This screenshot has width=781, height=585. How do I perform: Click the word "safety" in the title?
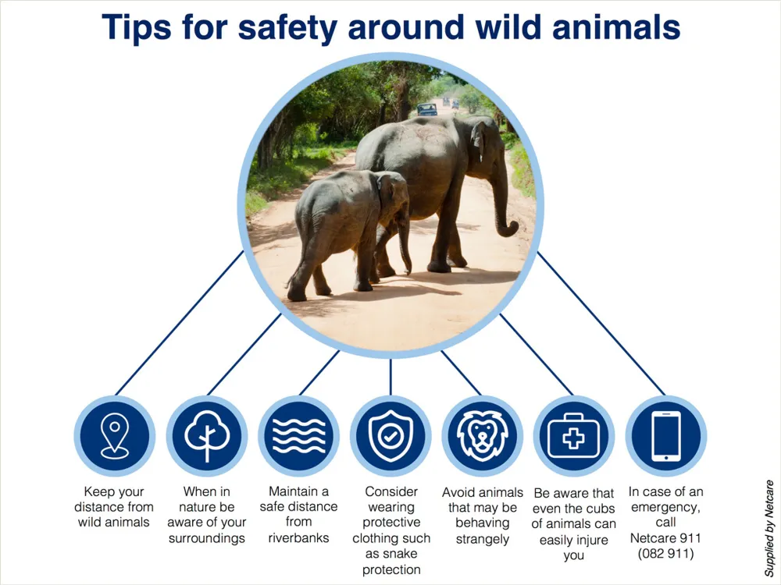[287, 28]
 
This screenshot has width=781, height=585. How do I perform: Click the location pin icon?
[115, 436]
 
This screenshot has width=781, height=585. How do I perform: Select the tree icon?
[207, 436]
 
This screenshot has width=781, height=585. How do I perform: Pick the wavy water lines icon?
[299, 436]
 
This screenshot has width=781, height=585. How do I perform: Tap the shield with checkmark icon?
[390, 436]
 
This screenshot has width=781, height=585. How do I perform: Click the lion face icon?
[482, 436]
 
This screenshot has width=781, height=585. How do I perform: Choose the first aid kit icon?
[574, 436]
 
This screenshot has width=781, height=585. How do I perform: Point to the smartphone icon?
[666, 436]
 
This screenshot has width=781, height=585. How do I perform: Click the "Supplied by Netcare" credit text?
[769, 528]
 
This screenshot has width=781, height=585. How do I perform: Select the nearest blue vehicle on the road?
[427, 109]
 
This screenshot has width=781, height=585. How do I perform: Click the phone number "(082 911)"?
[666, 554]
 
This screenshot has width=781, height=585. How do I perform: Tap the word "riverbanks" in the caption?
[299, 537]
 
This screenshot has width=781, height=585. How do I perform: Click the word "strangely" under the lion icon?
[482, 539]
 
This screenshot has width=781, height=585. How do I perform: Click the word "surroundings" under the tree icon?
[207, 538]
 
